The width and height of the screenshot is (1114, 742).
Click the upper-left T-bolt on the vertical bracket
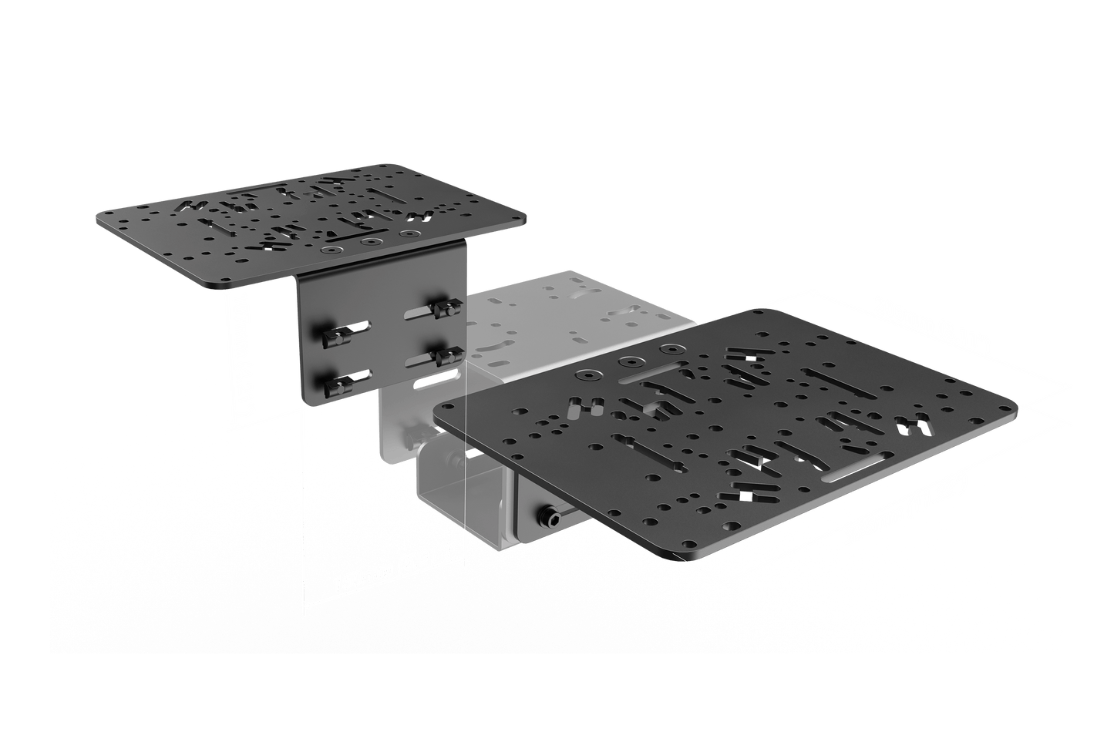334,336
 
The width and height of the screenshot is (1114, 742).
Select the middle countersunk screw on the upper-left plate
374,242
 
